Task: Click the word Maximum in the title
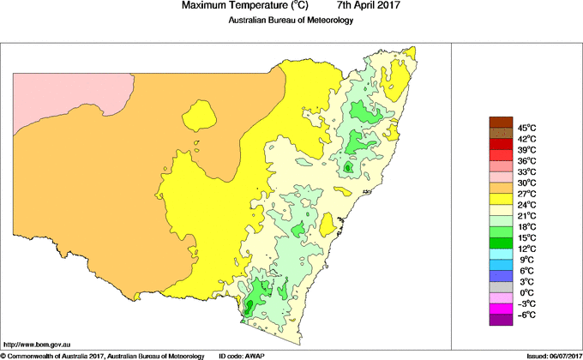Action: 205,6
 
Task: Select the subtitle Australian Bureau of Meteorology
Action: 291,21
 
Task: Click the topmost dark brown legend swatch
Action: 500,122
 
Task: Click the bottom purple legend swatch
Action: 500,321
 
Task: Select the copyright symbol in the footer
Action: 3,355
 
